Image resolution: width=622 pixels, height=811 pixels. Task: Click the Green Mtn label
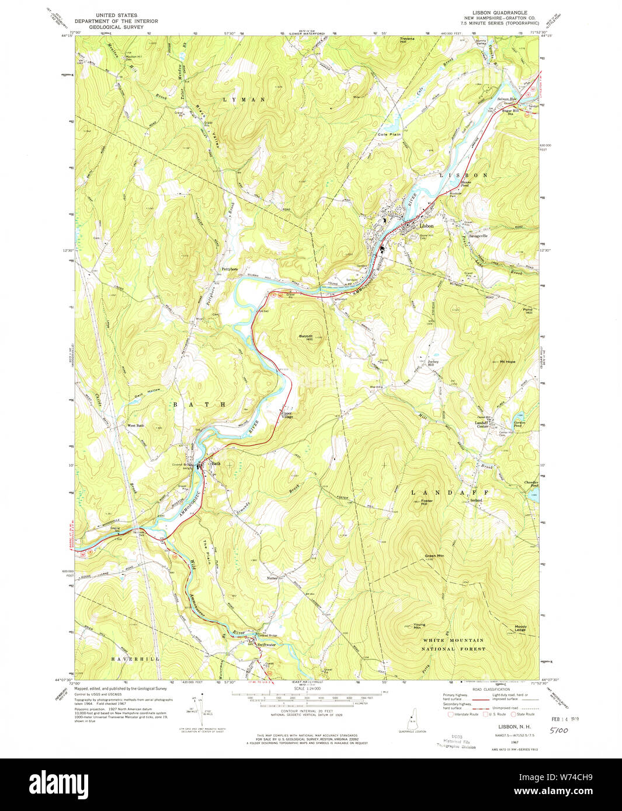[x=435, y=555]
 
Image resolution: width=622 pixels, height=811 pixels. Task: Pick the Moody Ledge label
[x=520, y=629]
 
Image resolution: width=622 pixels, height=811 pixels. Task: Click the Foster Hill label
[x=426, y=501]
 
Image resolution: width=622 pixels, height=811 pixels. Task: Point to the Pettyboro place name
[x=230, y=269]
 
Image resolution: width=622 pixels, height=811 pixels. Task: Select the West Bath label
[x=135, y=425]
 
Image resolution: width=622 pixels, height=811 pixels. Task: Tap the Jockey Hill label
[x=433, y=363]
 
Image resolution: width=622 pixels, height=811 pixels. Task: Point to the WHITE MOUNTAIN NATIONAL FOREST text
[x=454, y=644]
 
